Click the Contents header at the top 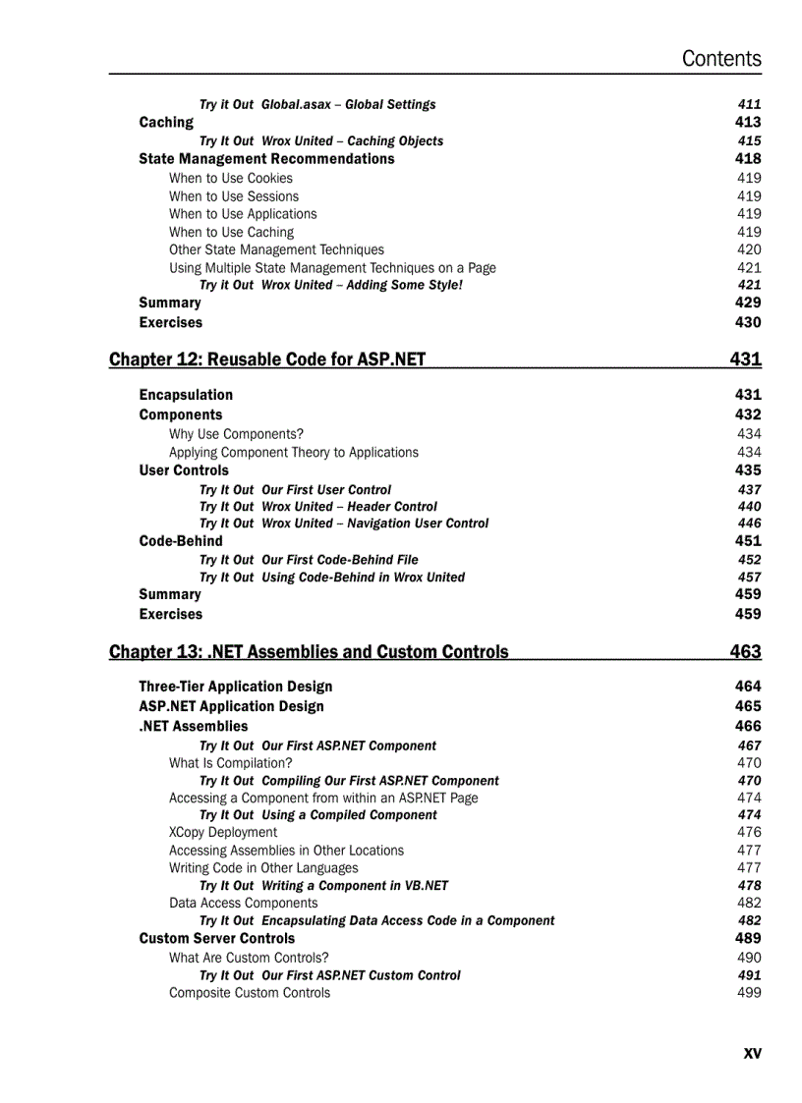pyautogui.click(x=720, y=59)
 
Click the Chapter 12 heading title pyautogui.click(x=267, y=359)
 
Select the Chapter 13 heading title pyautogui.click(x=309, y=651)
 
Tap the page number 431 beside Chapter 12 pyautogui.click(x=745, y=359)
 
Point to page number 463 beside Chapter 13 pyautogui.click(x=745, y=651)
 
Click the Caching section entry pyautogui.click(x=166, y=122)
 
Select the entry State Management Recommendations pyautogui.click(x=266, y=158)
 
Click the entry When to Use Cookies pyautogui.click(x=230, y=178)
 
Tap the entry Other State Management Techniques pyautogui.click(x=276, y=249)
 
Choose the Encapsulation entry pyautogui.click(x=186, y=395)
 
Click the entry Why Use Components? pyautogui.click(x=236, y=433)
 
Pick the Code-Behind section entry pyautogui.click(x=181, y=540)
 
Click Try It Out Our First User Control pyautogui.click(x=295, y=489)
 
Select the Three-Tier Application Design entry pyautogui.click(x=235, y=687)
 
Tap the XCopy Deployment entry pyautogui.click(x=223, y=832)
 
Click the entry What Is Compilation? pyautogui.click(x=230, y=762)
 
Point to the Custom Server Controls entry pyautogui.click(x=216, y=938)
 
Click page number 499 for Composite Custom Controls pyautogui.click(x=748, y=992)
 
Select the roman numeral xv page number pyautogui.click(x=752, y=1053)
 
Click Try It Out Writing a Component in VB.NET pyautogui.click(x=323, y=885)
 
